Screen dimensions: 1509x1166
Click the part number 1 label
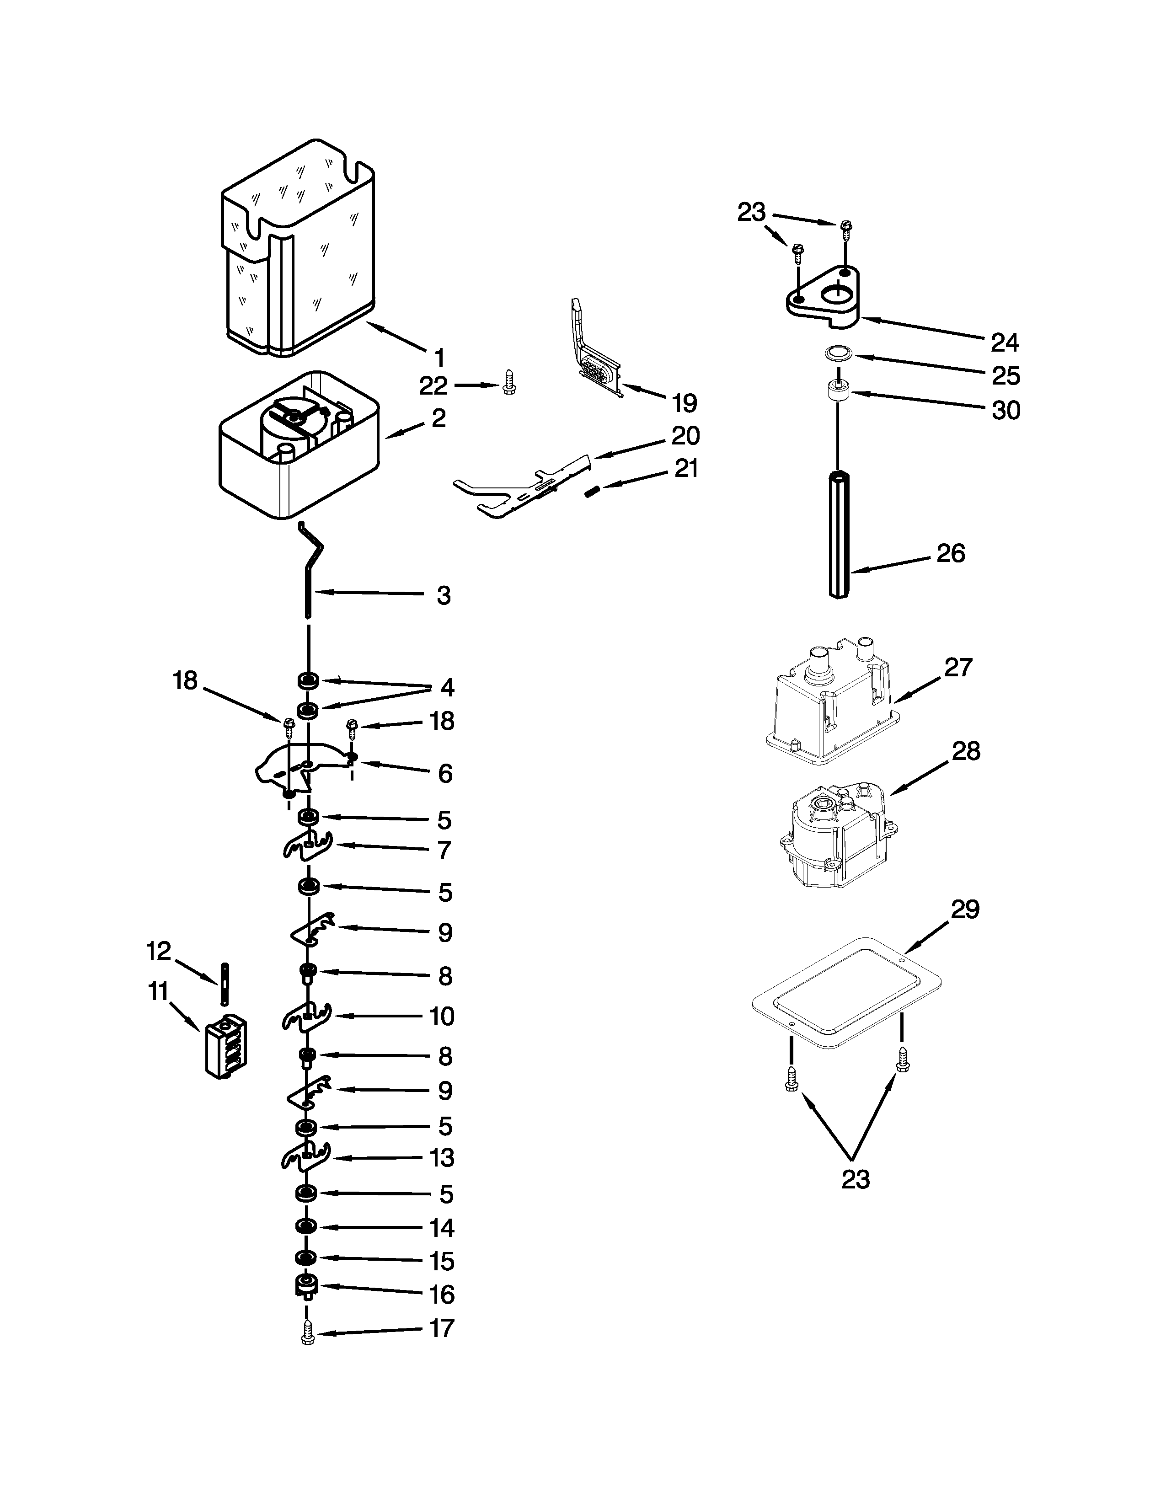(439, 358)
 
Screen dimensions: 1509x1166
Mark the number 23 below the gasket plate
(855, 1179)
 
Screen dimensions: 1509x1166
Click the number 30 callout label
(1006, 411)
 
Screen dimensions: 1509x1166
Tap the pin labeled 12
(225, 984)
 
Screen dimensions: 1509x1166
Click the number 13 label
(442, 1157)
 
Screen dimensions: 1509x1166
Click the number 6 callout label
(445, 773)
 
